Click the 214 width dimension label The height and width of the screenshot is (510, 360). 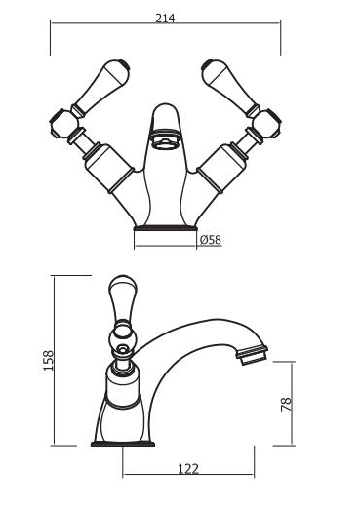[x=165, y=19]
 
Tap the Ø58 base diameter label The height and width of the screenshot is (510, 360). [x=211, y=240]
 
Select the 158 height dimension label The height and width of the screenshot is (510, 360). [x=48, y=360]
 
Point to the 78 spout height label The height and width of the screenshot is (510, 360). [x=286, y=405]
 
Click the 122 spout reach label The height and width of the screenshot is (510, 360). [x=188, y=469]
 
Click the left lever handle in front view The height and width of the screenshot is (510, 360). [x=101, y=86]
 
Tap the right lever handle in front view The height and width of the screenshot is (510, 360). [x=230, y=86]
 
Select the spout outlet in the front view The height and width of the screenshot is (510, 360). [x=165, y=138]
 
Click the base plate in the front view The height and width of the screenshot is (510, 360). [x=165, y=228]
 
